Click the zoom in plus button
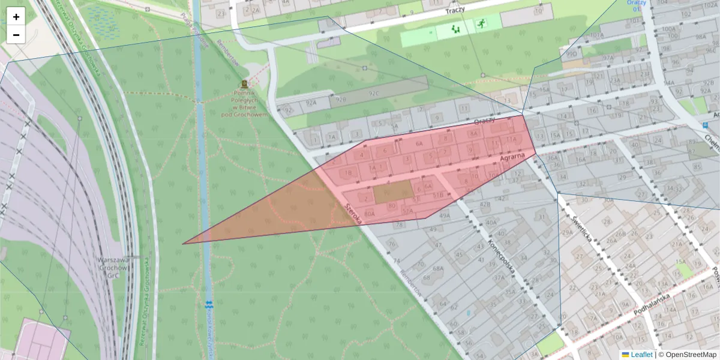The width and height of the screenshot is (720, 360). [16, 17]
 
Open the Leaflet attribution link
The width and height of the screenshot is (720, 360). [641, 355]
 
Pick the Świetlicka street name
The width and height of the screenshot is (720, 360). [583, 229]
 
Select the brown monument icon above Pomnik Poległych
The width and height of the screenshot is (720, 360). [244, 84]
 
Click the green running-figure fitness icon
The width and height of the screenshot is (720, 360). [481, 25]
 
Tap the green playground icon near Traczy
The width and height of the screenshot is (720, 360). [455, 28]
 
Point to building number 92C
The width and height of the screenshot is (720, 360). [374, 94]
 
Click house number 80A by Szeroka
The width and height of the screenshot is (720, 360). [370, 213]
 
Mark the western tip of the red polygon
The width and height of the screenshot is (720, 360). [183, 244]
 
